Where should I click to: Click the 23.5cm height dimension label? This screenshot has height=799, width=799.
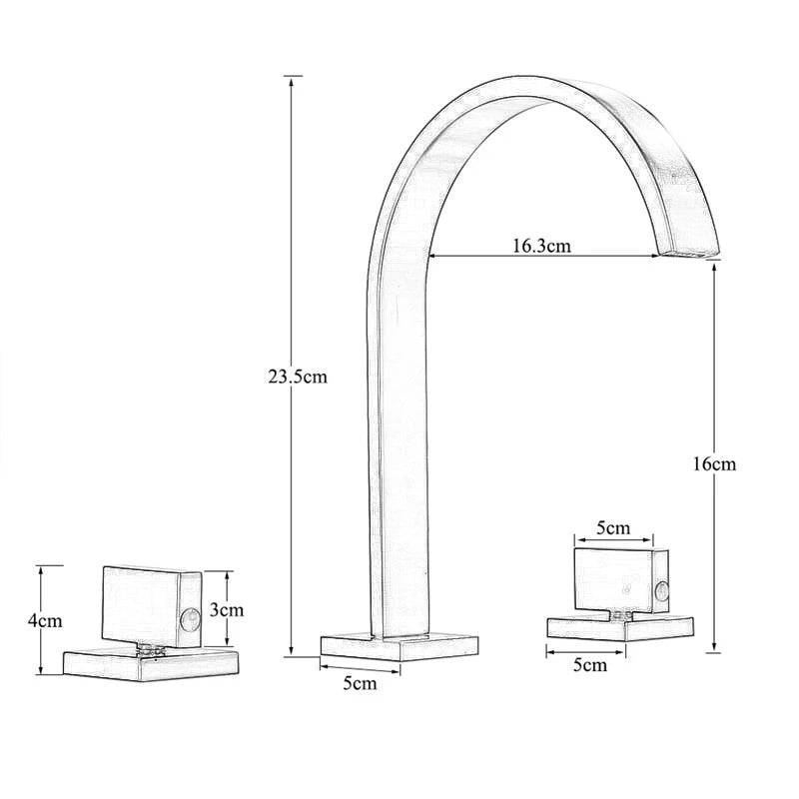[x=297, y=377]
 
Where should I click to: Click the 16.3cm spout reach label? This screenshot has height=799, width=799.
[x=541, y=246]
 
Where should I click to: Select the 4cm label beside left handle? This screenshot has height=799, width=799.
[x=45, y=620]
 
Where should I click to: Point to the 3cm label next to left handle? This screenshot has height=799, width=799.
[x=229, y=608]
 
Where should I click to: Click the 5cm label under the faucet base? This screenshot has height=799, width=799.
[x=360, y=683]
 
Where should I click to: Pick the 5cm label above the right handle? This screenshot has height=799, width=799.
[x=613, y=527]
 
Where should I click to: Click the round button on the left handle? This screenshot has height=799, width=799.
[x=186, y=626]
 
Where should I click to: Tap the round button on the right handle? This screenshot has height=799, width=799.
[x=659, y=592]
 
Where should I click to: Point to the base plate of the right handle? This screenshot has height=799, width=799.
[x=619, y=627]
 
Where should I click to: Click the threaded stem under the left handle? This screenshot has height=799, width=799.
[x=150, y=649]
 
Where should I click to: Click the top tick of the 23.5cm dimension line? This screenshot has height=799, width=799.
[x=292, y=76]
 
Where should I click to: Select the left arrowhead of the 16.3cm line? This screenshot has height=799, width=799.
[x=433, y=256]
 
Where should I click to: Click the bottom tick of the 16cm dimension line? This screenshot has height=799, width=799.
[x=713, y=651]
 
